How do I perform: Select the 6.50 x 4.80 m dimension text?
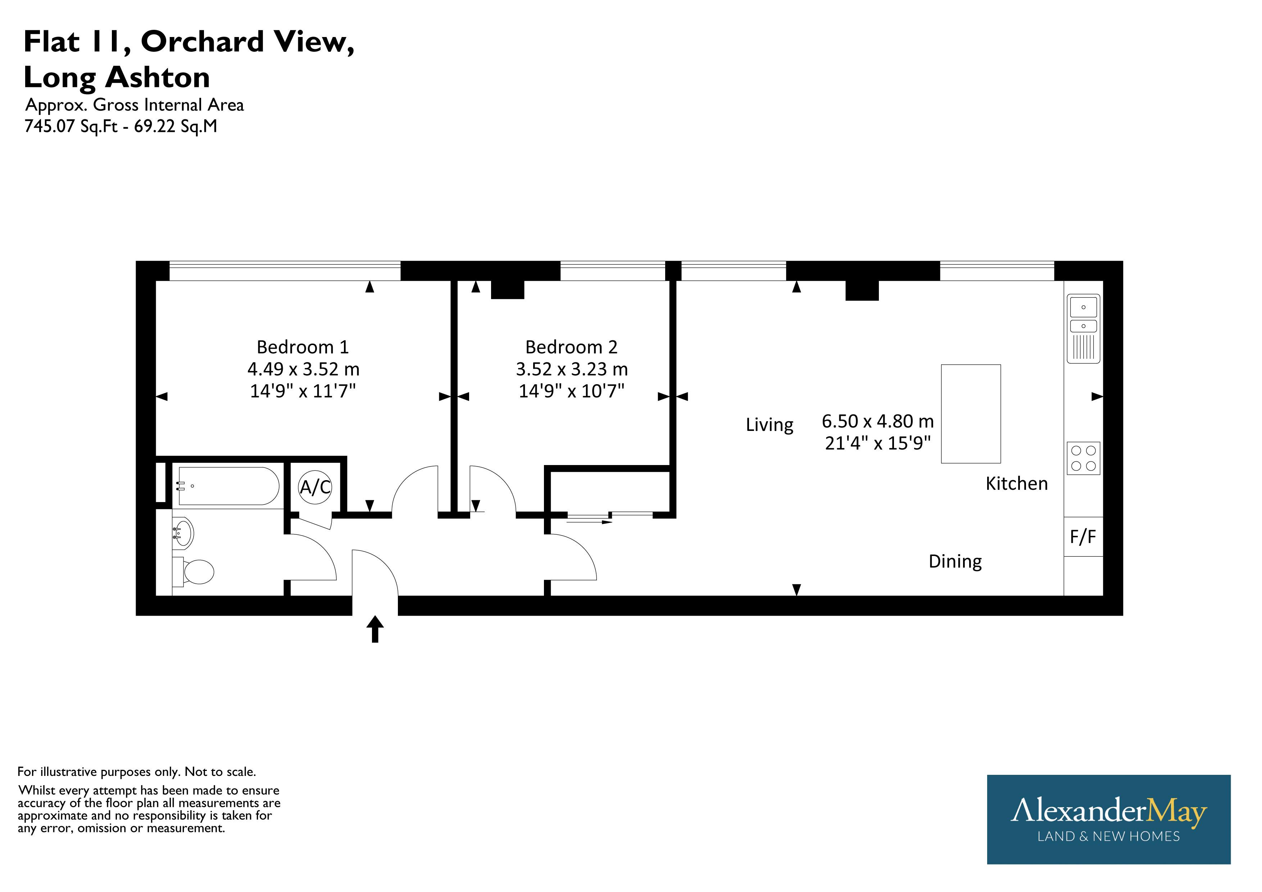coord(878,421)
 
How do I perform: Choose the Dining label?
coord(955,561)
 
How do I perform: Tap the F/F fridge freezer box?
coord(1083,537)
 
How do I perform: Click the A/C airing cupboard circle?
coord(315,487)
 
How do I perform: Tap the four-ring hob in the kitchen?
coord(1083,458)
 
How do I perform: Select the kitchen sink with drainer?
coord(1083,328)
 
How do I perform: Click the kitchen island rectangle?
coord(971,414)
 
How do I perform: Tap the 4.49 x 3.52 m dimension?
coord(303,369)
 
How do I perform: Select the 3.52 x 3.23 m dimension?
coord(572,369)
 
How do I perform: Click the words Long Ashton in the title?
coord(117,77)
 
